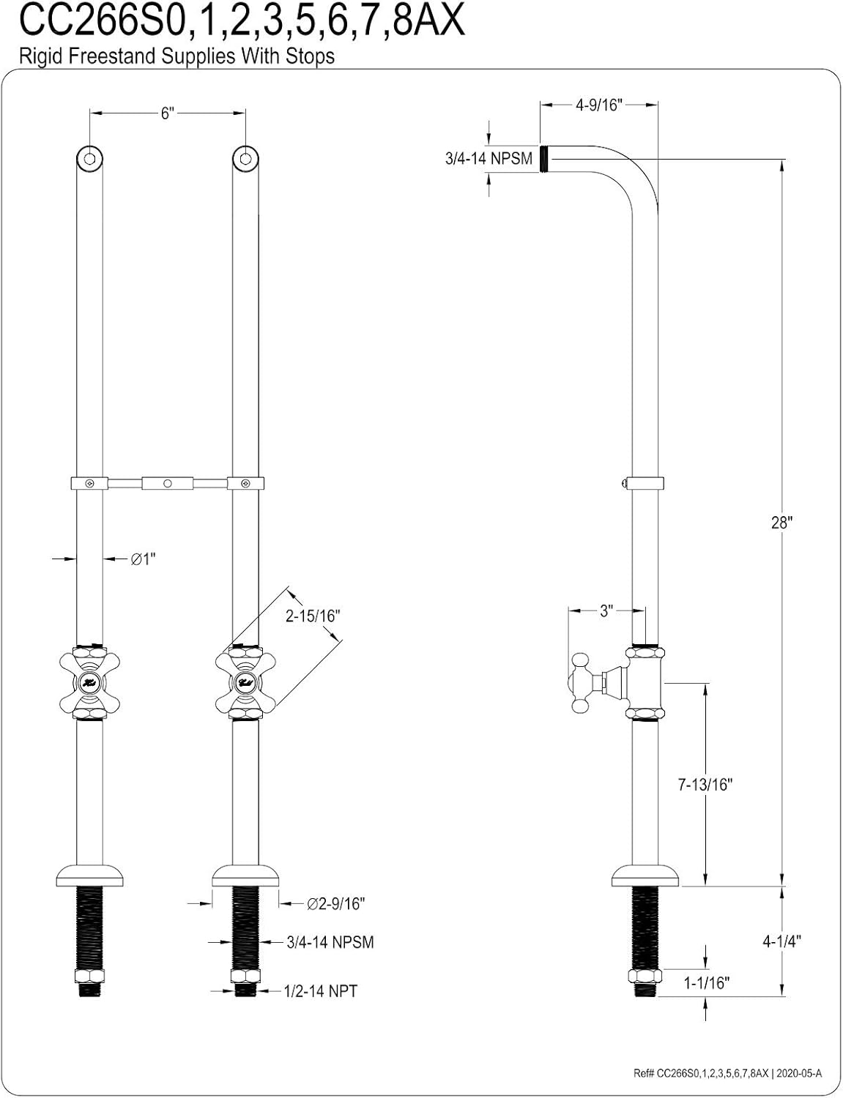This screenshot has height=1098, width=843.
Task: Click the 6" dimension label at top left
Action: click(167, 113)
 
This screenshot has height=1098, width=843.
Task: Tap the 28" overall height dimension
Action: click(781, 523)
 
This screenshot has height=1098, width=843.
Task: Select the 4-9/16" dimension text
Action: click(598, 105)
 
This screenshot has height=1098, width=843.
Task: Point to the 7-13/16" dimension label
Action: click(705, 784)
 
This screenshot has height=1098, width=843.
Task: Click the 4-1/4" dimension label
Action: click(781, 941)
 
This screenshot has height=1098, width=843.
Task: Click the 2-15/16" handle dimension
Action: click(313, 616)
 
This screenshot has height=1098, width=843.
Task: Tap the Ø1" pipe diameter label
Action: click(143, 559)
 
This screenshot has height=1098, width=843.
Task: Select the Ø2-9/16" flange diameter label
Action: click(335, 904)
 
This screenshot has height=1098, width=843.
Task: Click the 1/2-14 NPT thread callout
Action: click(321, 991)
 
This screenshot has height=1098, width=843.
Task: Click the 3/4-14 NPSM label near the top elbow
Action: click(489, 158)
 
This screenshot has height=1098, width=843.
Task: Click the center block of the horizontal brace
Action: click(167, 483)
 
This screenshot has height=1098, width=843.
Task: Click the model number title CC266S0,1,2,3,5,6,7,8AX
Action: click(242, 22)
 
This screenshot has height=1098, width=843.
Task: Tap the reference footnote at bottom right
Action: click(728, 1074)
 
